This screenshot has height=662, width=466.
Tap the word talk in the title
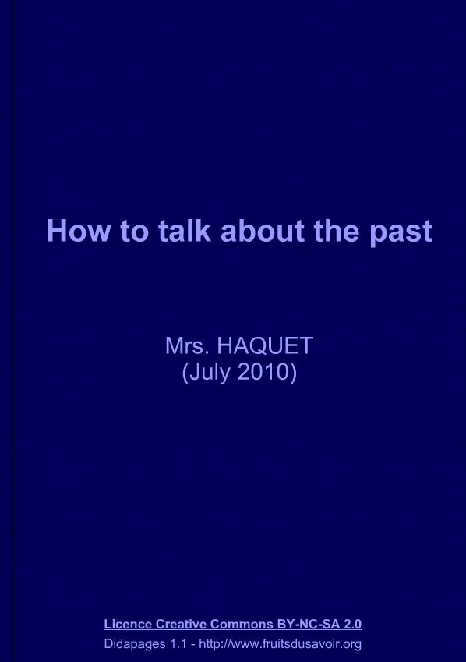[x=184, y=231]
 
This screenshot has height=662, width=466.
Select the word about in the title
[x=263, y=231]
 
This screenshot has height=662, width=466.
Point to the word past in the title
[x=401, y=233]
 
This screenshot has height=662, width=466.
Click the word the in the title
[x=337, y=231]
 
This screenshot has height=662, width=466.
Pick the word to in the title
[x=134, y=232]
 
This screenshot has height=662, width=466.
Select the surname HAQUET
[x=265, y=345]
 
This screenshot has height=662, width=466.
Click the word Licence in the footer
[x=128, y=624]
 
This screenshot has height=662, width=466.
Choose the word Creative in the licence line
[x=181, y=624]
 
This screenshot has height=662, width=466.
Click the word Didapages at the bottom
[x=135, y=644]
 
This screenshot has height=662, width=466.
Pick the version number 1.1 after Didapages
[x=178, y=644]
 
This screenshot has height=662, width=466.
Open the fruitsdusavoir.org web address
[x=280, y=644]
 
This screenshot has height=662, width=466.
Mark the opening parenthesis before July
[x=185, y=373]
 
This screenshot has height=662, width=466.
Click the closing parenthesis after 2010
[x=293, y=373]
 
